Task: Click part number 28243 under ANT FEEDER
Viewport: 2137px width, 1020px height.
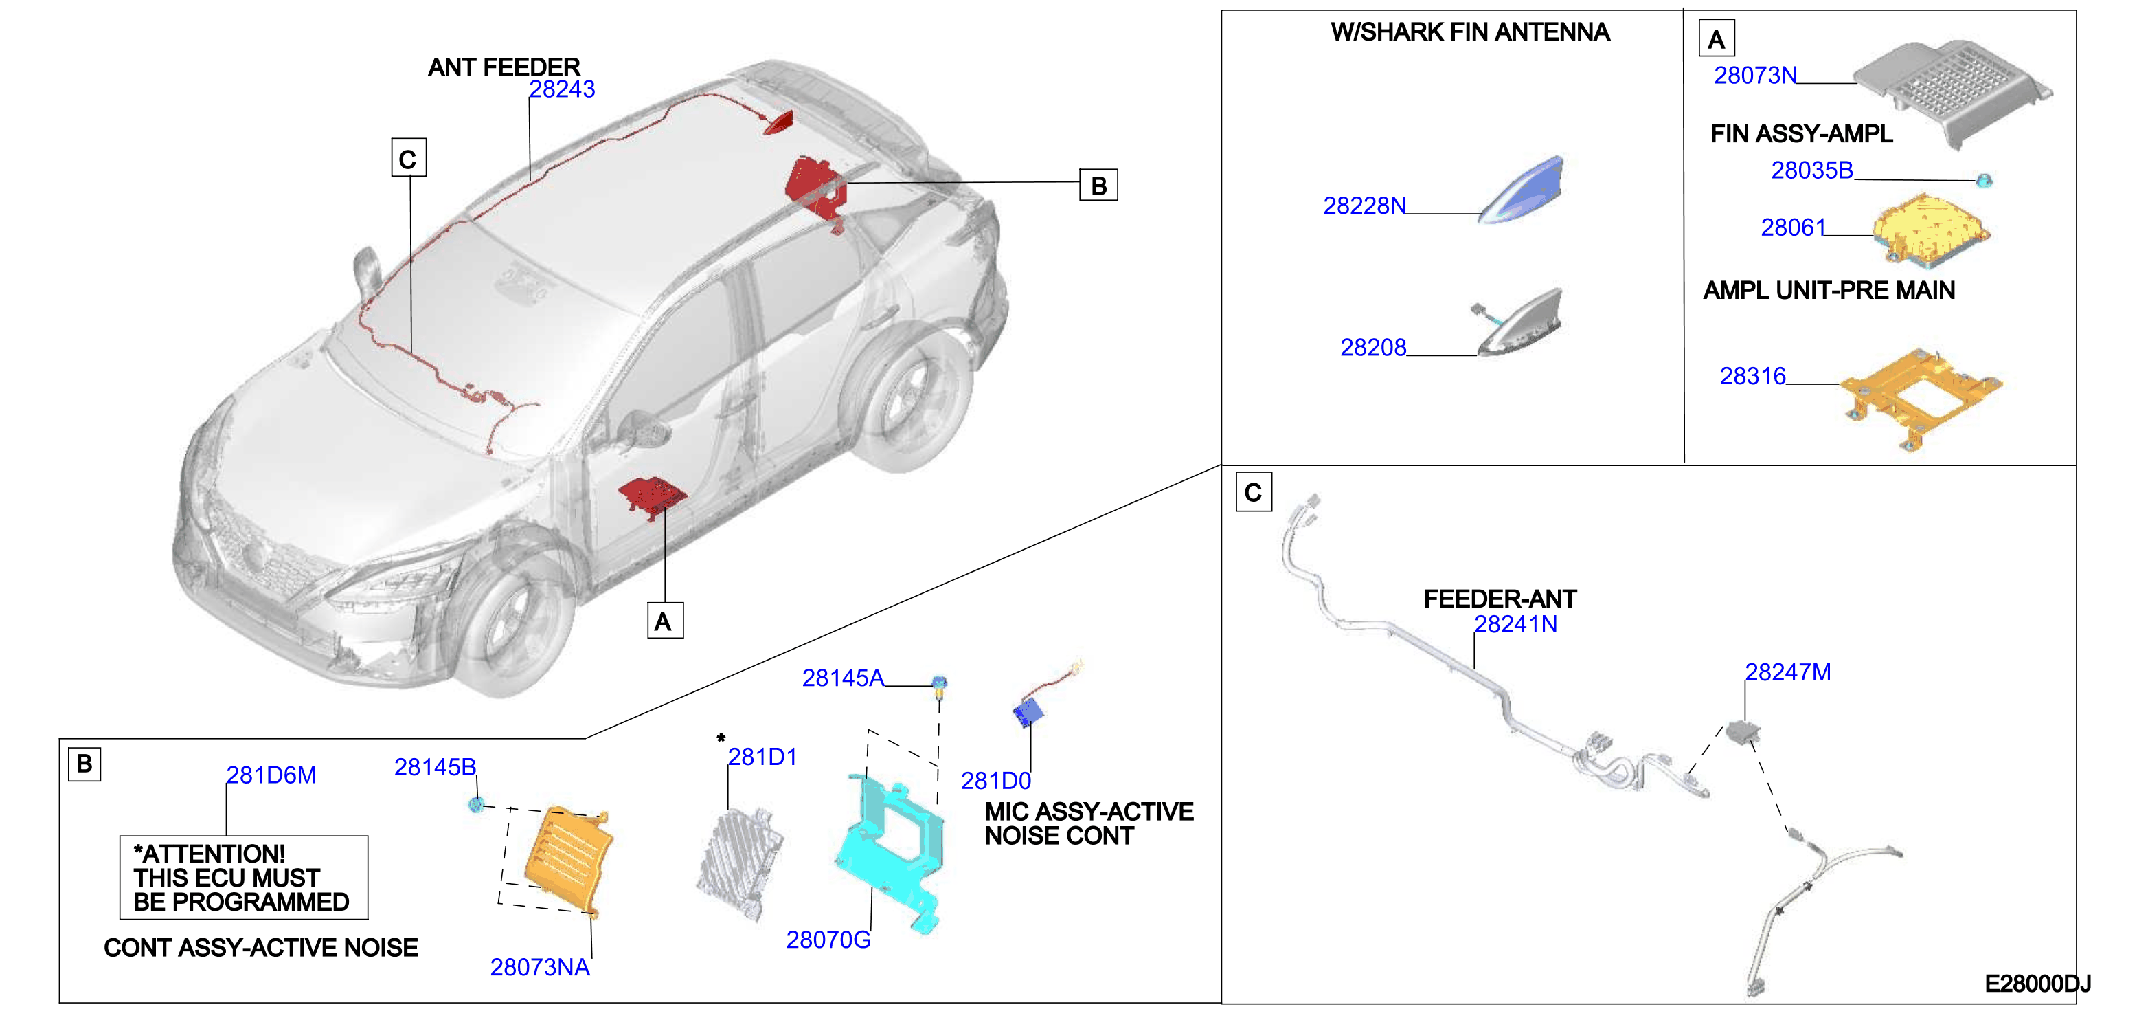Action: (562, 89)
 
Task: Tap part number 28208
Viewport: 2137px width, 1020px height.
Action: (1373, 348)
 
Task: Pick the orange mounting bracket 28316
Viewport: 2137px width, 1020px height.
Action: (1921, 397)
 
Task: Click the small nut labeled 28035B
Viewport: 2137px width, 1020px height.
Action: (1984, 179)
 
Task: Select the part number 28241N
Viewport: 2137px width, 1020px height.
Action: (1515, 624)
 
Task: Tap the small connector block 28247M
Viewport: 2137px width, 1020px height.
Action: (1742, 733)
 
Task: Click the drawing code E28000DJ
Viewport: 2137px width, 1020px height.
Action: (2037, 984)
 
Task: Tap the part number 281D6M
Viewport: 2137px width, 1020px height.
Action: (271, 775)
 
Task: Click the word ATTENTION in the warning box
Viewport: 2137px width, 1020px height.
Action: (214, 854)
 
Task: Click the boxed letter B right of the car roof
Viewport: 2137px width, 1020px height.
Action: (1098, 185)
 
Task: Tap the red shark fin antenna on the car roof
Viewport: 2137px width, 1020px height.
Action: (780, 122)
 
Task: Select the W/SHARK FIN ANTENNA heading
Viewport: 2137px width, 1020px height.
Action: (1470, 32)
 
